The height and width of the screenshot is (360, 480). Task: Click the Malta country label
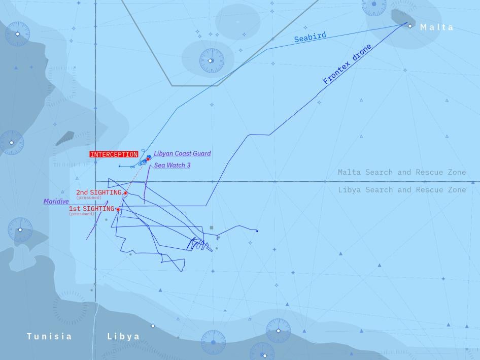(x=437, y=27)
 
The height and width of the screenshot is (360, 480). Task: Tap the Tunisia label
(x=49, y=337)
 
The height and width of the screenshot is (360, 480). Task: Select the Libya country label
(x=123, y=337)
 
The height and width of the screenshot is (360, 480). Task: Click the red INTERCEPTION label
(x=114, y=154)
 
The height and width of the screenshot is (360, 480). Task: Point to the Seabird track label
(x=310, y=38)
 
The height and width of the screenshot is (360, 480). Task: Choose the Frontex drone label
(x=348, y=64)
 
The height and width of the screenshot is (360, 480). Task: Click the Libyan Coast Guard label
(x=182, y=153)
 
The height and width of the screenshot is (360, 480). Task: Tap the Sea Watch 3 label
(x=173, y=166)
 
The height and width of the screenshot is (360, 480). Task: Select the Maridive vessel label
(x=56, y=202)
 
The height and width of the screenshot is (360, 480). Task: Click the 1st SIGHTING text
(x=91, y=209)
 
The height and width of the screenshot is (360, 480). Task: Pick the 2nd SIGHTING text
(x=99, y=192)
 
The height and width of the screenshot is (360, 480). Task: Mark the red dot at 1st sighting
(x=118, y=209)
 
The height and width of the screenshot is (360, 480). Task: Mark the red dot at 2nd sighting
(x=125, y=193)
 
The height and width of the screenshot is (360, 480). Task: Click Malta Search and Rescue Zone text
(x=402, y=173)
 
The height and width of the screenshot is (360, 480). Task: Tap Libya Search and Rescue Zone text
(x=402, y=190)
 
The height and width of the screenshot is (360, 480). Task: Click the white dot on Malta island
(x=409, y=24)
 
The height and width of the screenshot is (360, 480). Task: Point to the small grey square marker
(x=212, y=228)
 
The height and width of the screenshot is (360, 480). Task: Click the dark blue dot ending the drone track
(x=257, y=231)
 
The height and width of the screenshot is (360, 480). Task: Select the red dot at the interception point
(x=148, y=159)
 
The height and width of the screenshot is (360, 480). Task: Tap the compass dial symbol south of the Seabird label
(x=211, y=60)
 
